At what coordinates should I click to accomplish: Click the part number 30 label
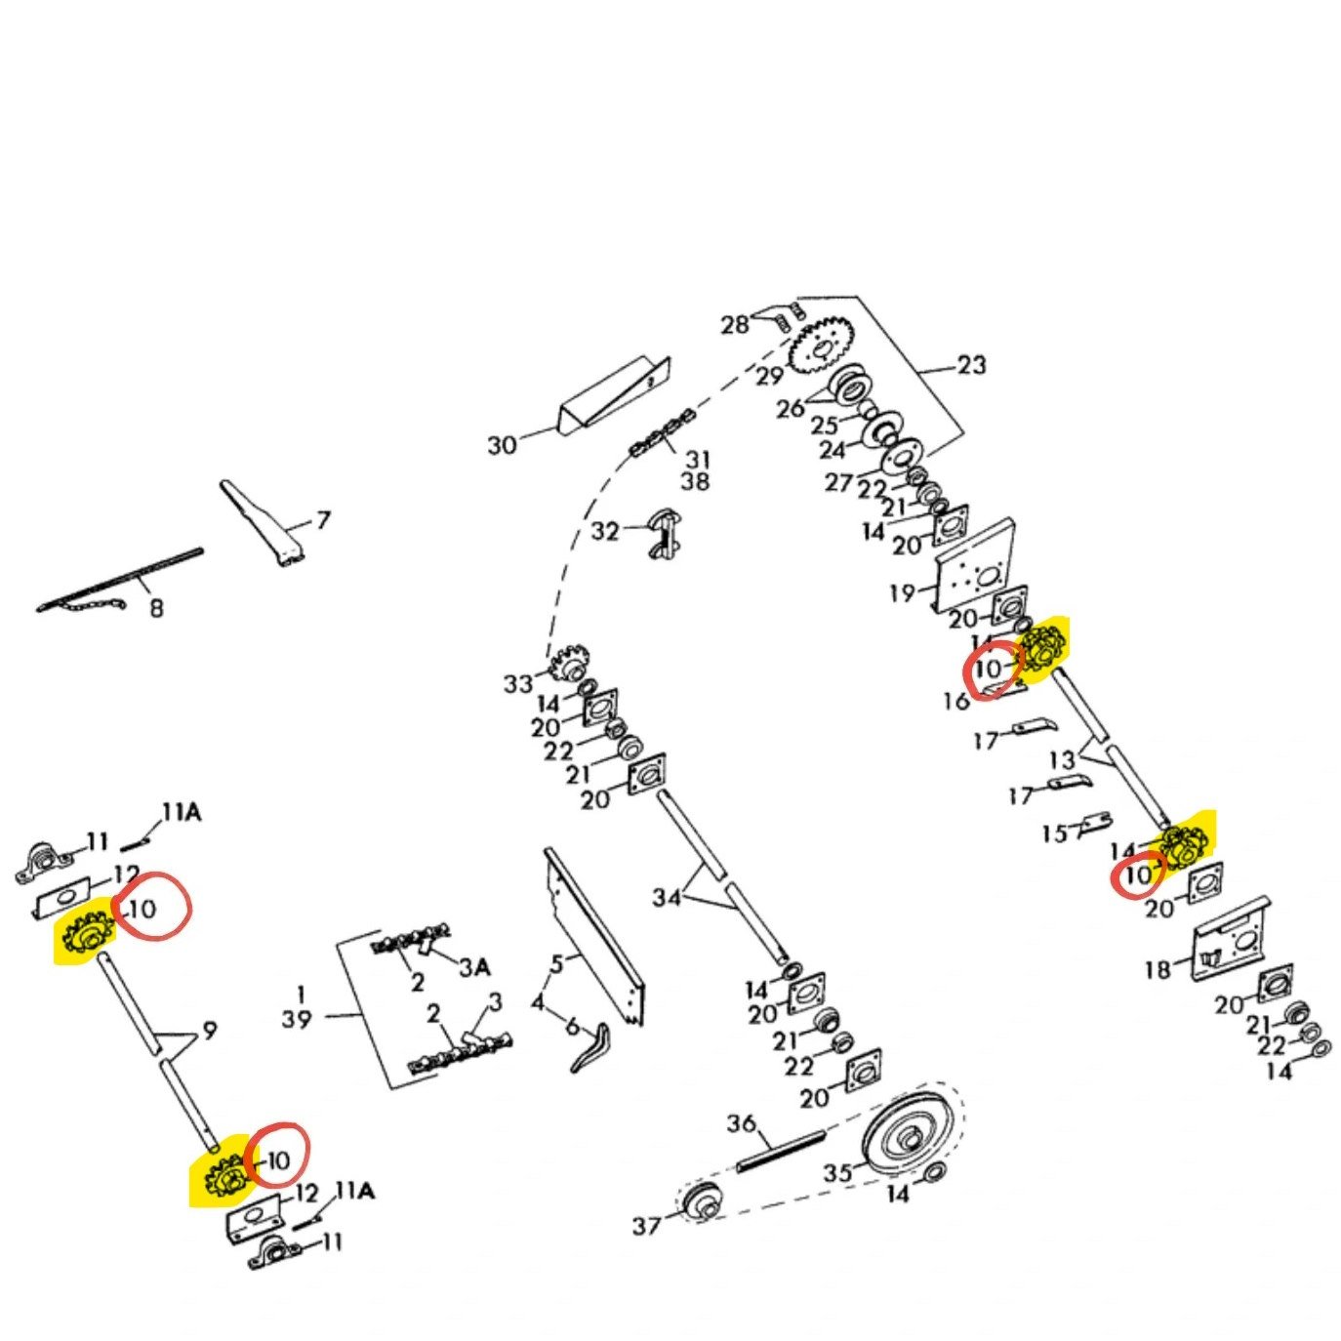(502, 445)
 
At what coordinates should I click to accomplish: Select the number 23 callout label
(971, 365)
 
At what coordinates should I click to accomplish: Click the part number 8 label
(156, 608)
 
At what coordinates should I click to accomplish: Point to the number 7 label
(323, 520)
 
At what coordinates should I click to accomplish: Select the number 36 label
(742, 1124)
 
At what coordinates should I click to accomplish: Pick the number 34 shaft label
(667, 896)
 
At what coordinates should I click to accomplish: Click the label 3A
(474, 966)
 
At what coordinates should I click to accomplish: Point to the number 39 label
(297, 1019)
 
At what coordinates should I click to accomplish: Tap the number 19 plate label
(902, 592)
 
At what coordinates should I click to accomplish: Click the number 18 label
(1158, 969)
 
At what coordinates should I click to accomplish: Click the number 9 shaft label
(209, 1030)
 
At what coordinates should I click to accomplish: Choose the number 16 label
(956, 701)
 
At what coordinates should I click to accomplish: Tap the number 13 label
(1062, 759)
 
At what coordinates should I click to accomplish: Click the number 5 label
(556, 964)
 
